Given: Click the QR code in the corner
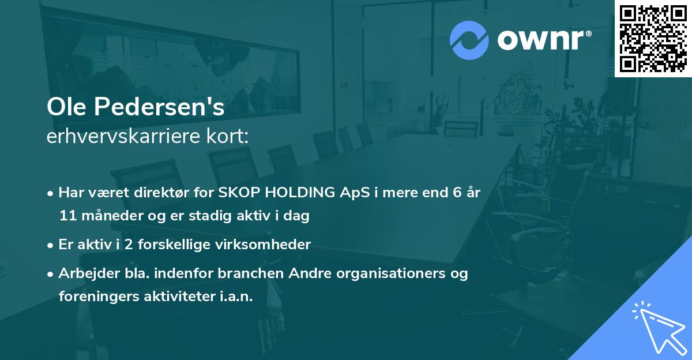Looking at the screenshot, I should (x=653, y=38).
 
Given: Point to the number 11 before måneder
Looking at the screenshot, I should (x=66, y=216).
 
